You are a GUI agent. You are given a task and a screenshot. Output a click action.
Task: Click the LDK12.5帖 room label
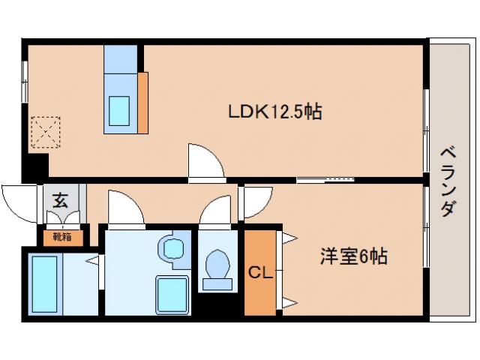point(275,112)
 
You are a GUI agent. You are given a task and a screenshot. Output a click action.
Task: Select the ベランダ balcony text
point(447,178)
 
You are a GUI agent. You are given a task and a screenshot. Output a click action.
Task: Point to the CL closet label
point(259,271)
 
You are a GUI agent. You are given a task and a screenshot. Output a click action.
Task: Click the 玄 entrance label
point(58,200)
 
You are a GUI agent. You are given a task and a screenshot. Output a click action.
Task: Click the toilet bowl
point(218,266)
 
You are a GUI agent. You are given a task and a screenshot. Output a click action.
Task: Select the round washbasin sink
point(172,248)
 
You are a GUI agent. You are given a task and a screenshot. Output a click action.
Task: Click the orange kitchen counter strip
point(142,101)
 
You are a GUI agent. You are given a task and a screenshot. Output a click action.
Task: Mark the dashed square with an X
point(43,133)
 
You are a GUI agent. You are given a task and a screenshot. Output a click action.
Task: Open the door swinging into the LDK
point(205,161)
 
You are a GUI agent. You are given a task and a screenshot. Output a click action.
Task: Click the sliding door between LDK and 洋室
point(325,179)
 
